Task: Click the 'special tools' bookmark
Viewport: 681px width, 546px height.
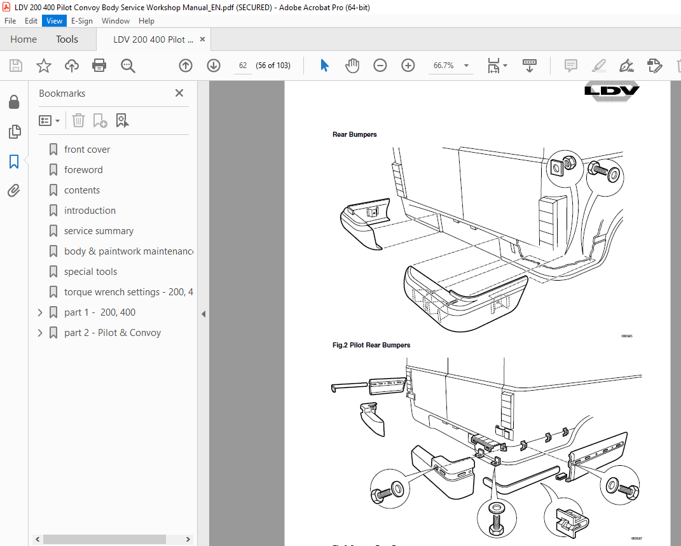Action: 90,272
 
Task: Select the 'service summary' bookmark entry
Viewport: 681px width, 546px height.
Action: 99,231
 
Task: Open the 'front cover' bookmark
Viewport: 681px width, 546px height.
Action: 87,150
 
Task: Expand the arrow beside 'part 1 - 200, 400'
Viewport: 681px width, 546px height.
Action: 40,312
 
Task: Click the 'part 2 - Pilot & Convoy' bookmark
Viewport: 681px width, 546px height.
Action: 113,333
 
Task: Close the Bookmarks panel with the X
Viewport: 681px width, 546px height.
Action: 179,94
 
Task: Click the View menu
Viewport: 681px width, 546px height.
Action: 54,21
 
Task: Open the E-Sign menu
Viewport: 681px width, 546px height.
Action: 81,21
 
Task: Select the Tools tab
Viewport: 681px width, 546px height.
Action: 67,39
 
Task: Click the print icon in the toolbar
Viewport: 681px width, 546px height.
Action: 99,66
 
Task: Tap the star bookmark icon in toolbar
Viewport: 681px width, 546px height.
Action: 43,66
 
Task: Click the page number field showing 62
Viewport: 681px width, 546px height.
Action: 243,66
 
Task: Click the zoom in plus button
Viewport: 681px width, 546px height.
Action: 408,66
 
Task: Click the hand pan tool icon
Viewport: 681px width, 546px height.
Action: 352,66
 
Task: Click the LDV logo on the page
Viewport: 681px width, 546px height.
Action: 612,90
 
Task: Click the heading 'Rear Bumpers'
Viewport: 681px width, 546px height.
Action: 354,135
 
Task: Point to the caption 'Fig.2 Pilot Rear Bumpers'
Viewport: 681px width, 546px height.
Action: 371,346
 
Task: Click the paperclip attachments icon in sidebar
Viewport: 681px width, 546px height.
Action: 14,191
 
